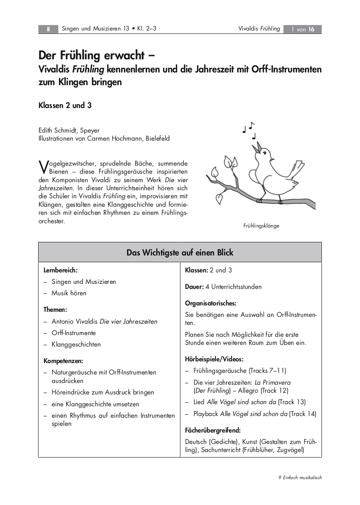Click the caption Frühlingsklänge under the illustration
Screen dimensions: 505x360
coord(261,226)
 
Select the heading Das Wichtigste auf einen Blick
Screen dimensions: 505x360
coord(180,252)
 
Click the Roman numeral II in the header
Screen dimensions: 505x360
coord(48,29)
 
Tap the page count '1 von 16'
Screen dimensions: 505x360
coord(302,29)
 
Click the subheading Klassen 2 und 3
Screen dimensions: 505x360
coord(65,105)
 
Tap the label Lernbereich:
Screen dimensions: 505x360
coord(61,270)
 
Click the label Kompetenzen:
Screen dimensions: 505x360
coord(64,361)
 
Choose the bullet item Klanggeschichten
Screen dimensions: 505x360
coord(76,344)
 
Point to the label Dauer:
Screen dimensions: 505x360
coord(194,287)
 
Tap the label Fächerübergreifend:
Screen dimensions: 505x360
coord(213,430)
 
